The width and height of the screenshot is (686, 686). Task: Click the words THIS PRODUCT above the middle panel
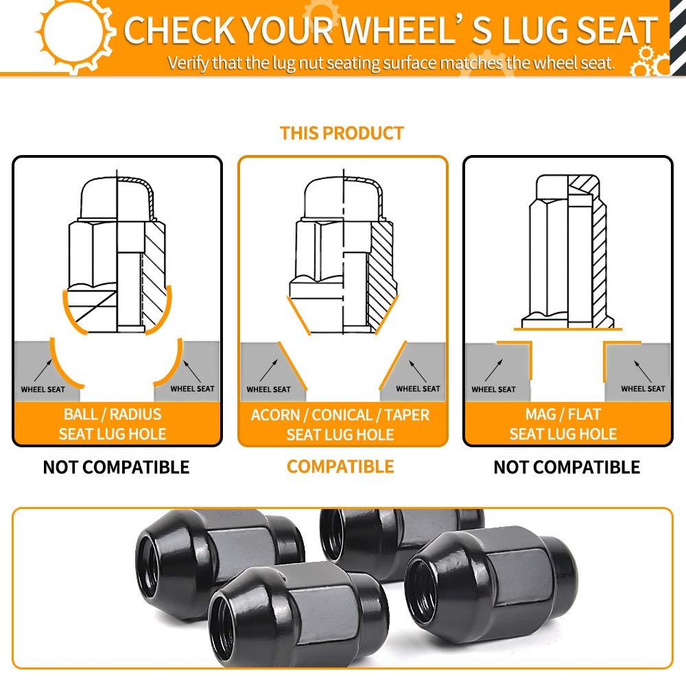tap(342, 133)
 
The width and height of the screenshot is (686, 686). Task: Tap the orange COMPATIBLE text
tap(340, 466)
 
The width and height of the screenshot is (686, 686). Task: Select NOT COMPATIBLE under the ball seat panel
tap(116, 467)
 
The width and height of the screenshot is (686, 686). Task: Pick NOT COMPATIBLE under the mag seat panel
tap(567, 467)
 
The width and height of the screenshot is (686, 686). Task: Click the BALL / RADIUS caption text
tap(113, 414)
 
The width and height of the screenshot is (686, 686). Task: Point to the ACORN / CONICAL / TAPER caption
tap(340, 415)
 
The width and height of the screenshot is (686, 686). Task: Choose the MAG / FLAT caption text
tap(563, 414)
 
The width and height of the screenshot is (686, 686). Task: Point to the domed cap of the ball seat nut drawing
tap(117, 198)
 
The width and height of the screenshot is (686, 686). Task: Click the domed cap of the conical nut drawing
tap(344, 198)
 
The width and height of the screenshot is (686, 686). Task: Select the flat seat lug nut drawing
tap(567, 252)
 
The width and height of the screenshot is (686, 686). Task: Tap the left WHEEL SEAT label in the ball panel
tap(43, 390)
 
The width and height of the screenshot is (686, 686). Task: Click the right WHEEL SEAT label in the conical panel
tap(418, 388)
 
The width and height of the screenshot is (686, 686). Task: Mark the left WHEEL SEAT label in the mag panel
tap(493, 390)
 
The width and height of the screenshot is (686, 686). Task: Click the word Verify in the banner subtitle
tap(189, 63)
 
